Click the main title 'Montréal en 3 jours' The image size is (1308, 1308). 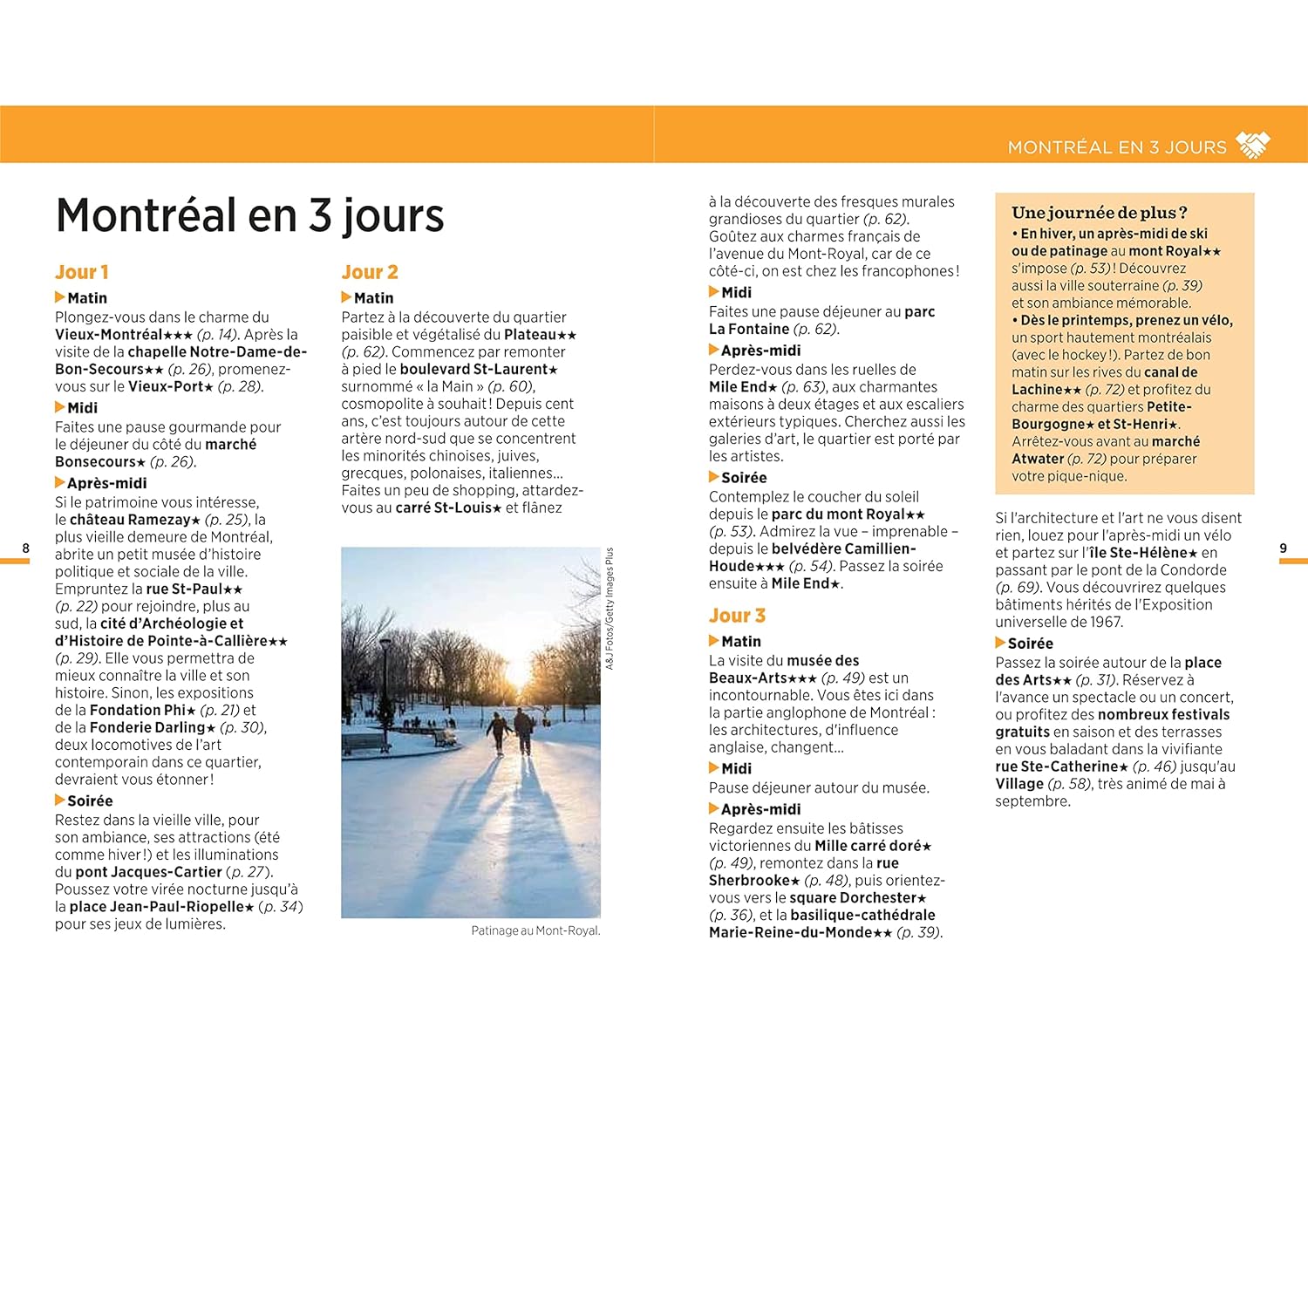[x=249, y=215]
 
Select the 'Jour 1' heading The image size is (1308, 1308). [x=82, y=272]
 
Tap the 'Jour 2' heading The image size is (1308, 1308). [x=370, y=272]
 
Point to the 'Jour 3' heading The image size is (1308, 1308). [x=737, y=616]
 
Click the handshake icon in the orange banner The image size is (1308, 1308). [x=1253, y=146]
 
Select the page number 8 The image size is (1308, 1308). [x=25, y=548]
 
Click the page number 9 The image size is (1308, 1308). [x=1283, y=548]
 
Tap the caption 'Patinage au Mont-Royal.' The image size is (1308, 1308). [x=535, y=930]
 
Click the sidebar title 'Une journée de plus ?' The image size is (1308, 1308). [x=1099, y=213]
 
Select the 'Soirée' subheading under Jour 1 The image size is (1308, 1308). [x=90, y=800]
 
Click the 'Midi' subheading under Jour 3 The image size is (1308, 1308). [x=736, y=768]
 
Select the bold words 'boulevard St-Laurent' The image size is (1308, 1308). [x=473, y=369]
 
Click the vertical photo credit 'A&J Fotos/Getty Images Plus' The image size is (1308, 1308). [x=610, y=608]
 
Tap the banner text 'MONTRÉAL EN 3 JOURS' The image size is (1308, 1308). [x=1117, y=147]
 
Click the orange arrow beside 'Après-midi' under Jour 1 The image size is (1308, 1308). [x=59, y=482]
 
